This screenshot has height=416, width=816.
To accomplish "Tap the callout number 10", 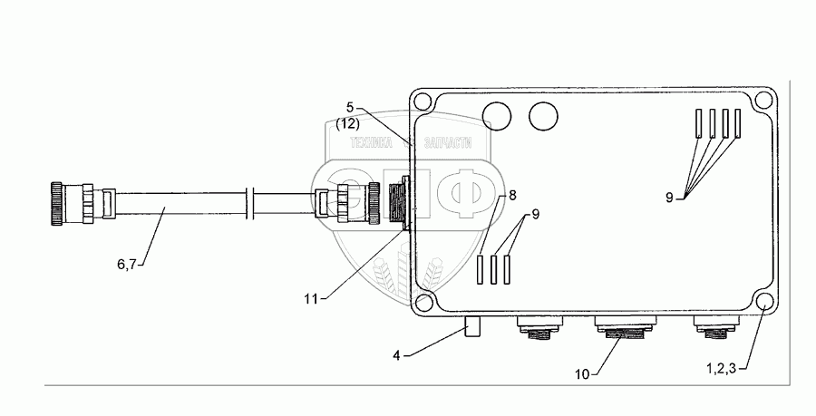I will click(580, 372).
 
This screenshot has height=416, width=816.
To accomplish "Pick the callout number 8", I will click(512, 195).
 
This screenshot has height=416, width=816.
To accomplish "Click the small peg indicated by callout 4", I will click(471, 327).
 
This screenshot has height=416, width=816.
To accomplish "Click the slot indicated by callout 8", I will click(481, 270).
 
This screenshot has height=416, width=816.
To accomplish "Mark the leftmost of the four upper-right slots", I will click(699, 123).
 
